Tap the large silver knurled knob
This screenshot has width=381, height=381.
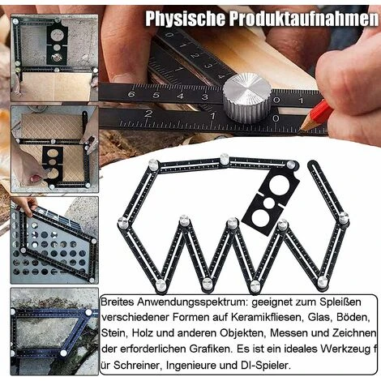point(246,98)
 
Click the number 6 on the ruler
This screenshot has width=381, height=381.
point(131,95)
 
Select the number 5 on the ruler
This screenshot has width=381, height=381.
point(156,96)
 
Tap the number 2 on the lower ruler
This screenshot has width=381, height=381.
point(148,113)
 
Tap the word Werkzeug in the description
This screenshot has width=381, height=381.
point(345,349)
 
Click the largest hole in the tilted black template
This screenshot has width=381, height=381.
point(279,183)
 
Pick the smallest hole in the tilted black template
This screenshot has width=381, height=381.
point(269,203)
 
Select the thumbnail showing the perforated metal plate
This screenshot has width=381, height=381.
point(54,240)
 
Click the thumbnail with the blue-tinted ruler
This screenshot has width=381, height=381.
point(54,332)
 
